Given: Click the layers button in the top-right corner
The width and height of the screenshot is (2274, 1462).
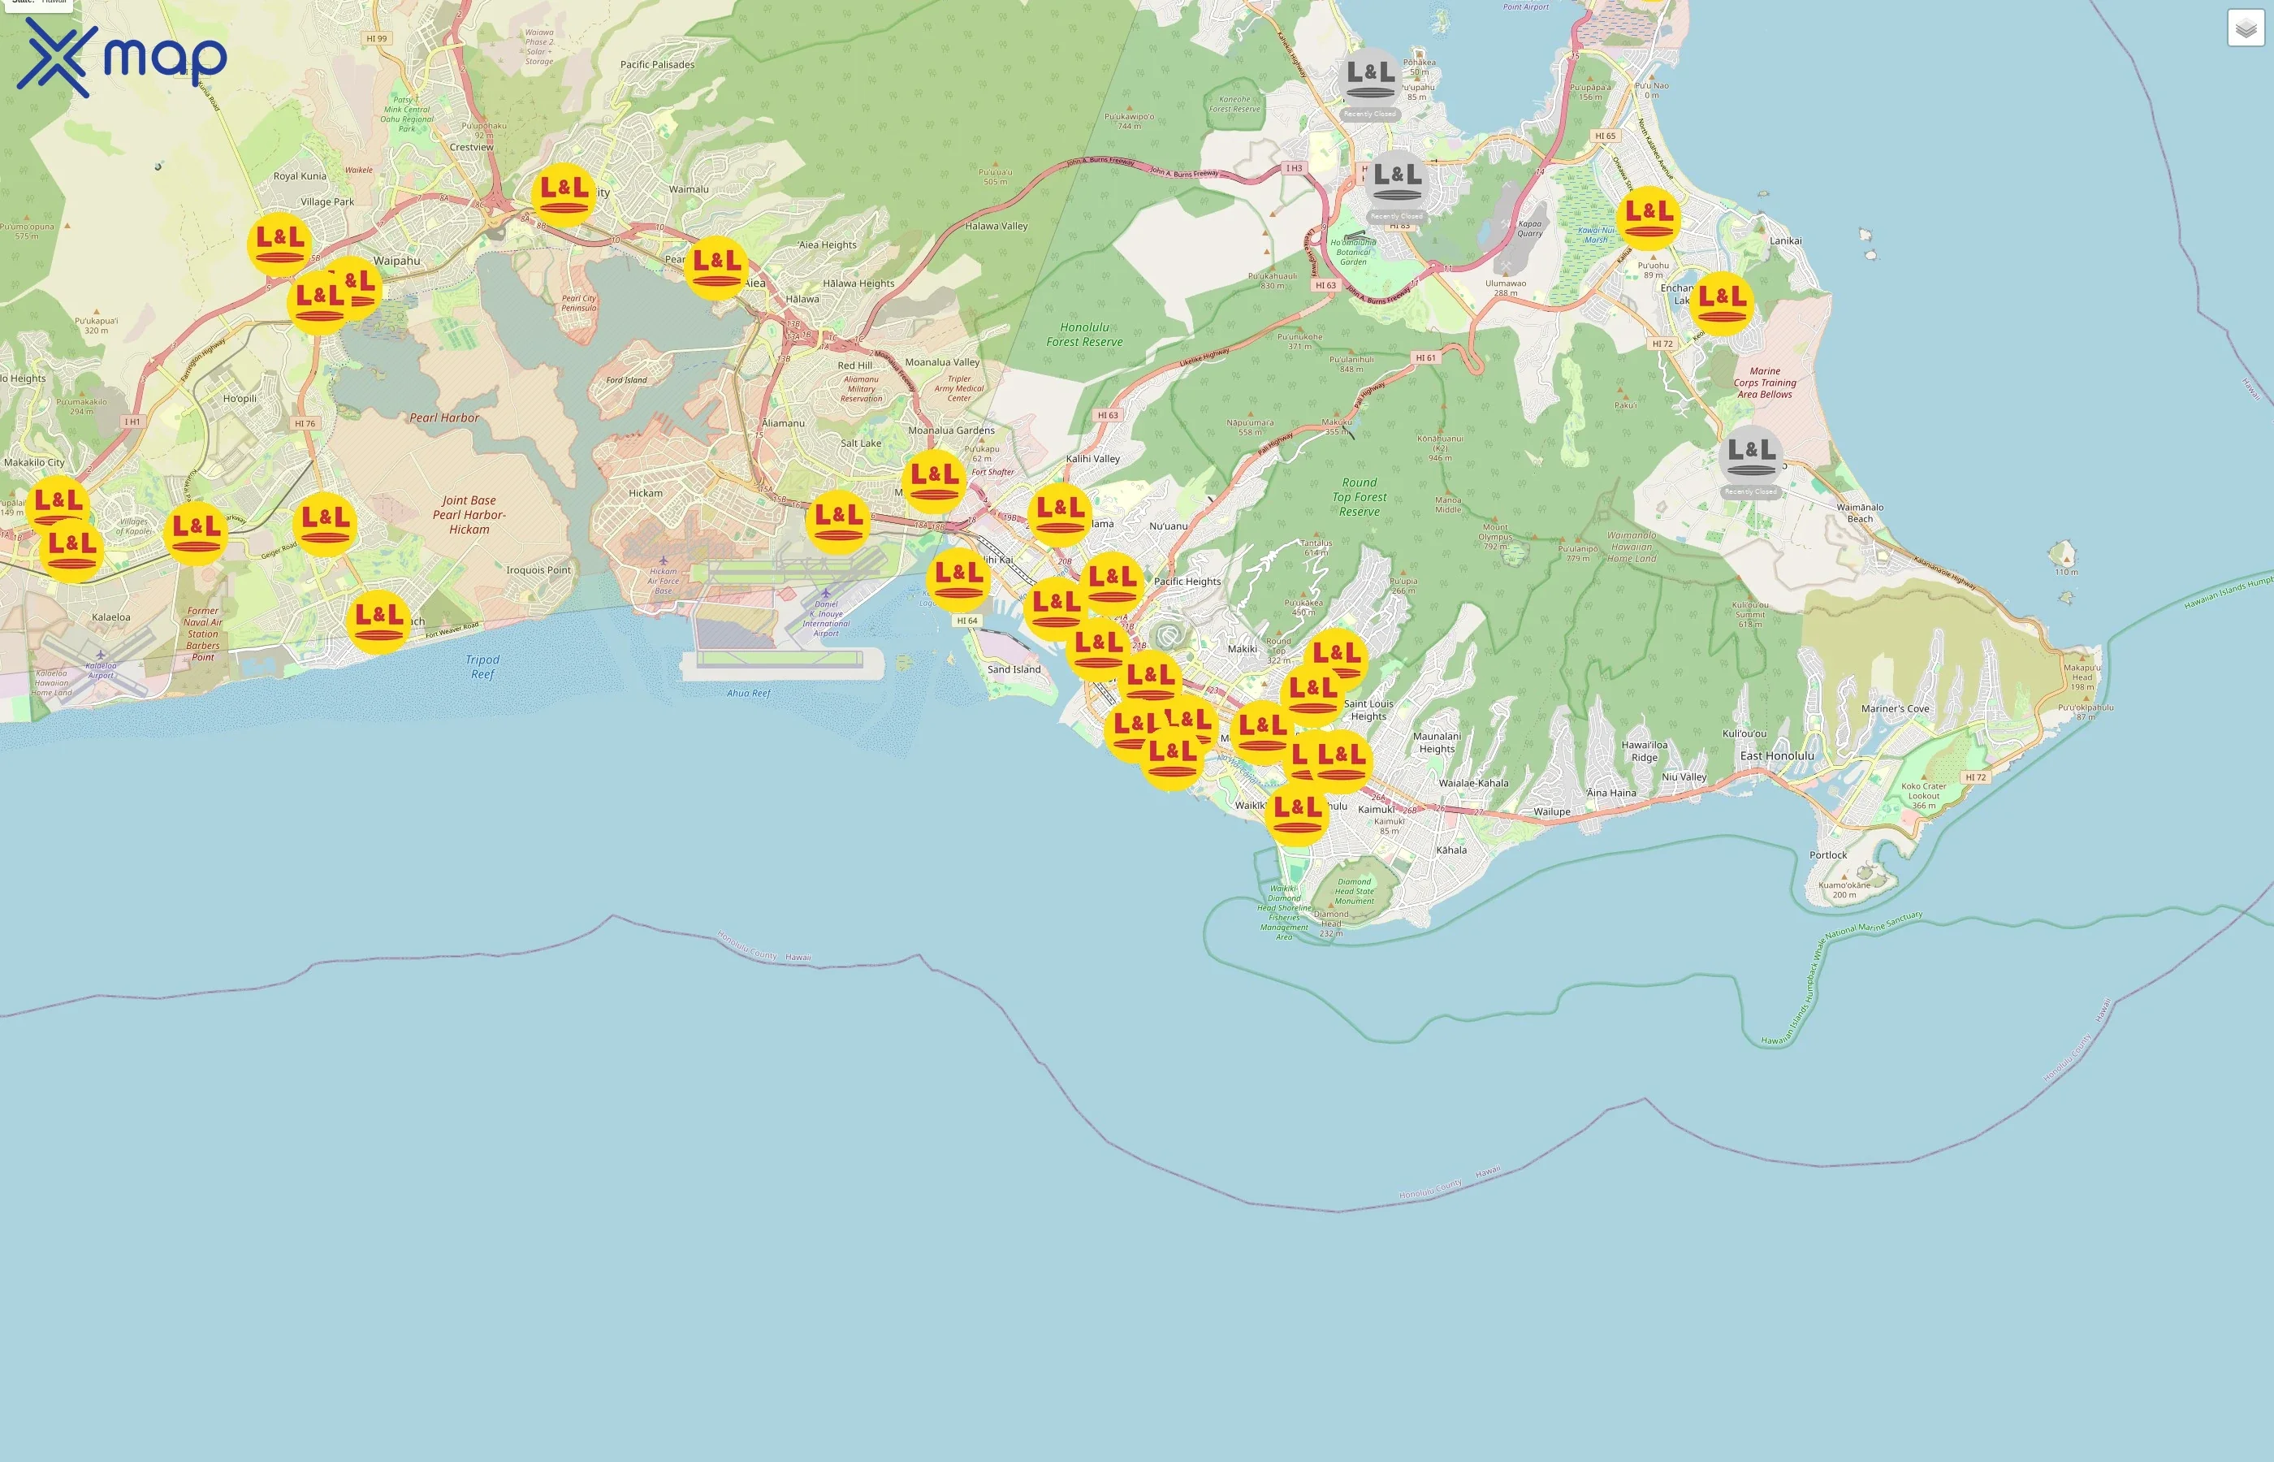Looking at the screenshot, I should [x=2246, y=28].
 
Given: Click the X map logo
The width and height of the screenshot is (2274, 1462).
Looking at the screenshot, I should [x=122, y=57].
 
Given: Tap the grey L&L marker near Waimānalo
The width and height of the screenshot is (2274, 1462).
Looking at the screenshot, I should [x=1750, y=456].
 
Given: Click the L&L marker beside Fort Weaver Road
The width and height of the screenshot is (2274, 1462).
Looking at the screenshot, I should [x=378, y=621].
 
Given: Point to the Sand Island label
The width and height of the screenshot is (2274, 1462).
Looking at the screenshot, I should [x=1014, y=669].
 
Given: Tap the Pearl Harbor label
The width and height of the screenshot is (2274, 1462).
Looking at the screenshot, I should [x=444, y=417].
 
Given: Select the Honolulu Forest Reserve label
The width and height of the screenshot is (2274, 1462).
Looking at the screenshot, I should [x=1084, y=334].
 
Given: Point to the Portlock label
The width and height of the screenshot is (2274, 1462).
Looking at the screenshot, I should [x=1828, y=854].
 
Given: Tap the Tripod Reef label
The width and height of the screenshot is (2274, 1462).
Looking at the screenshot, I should [x=482, y=667].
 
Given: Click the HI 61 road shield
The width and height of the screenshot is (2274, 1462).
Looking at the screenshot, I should [x=1425, y=358].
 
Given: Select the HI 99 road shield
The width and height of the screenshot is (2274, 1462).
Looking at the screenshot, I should [x=377, y=39].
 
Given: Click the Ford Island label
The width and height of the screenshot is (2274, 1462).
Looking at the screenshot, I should [x=626, y=380].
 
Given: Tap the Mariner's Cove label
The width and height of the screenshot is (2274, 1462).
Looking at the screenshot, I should [x=1896, y=708].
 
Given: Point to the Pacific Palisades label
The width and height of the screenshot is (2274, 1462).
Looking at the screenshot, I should [x=657, y=64].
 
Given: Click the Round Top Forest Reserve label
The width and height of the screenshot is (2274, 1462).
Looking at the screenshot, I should [x=1359, y=496].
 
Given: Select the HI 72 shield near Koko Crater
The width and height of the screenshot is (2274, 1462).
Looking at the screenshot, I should [x=1975, y=776].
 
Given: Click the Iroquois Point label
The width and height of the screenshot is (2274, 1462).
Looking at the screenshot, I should [x=538, y=569].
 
